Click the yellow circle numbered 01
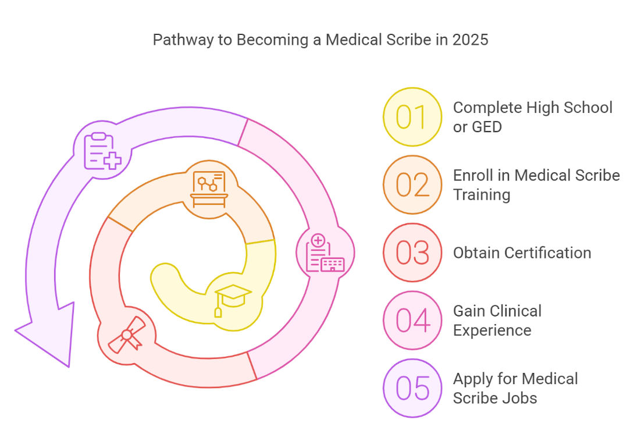point(412,117)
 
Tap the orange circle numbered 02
point(412,184)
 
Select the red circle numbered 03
point(412,253)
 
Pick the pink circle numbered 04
point(412,320)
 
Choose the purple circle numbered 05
point(412,388)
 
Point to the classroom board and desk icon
point(209,189)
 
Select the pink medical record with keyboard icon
point(325,254)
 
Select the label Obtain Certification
point(522,253)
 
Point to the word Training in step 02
point(481,194)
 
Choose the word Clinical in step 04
point(515,311)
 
